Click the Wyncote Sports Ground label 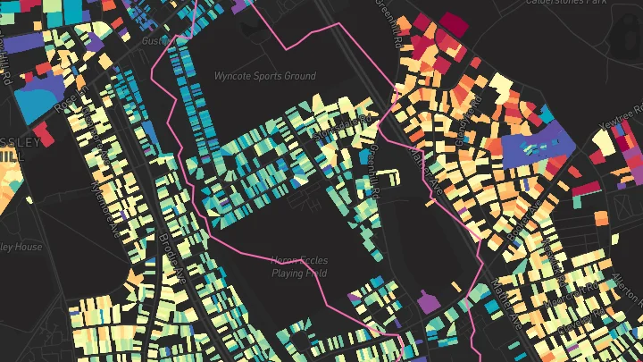(264, 76)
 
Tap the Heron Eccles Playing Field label (299, 266)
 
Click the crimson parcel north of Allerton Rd (587, 188)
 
